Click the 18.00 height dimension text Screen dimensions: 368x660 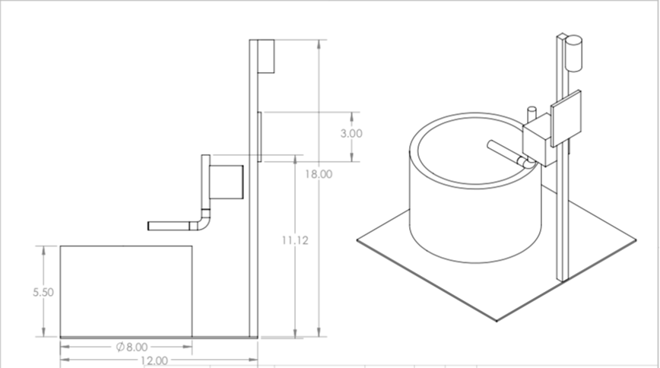tap(319, 173)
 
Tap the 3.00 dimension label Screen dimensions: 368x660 tap(351, 133)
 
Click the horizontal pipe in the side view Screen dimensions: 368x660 tap(171, 226)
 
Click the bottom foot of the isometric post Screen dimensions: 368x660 tap(563, 275)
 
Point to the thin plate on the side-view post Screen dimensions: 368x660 tap(259, 137)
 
